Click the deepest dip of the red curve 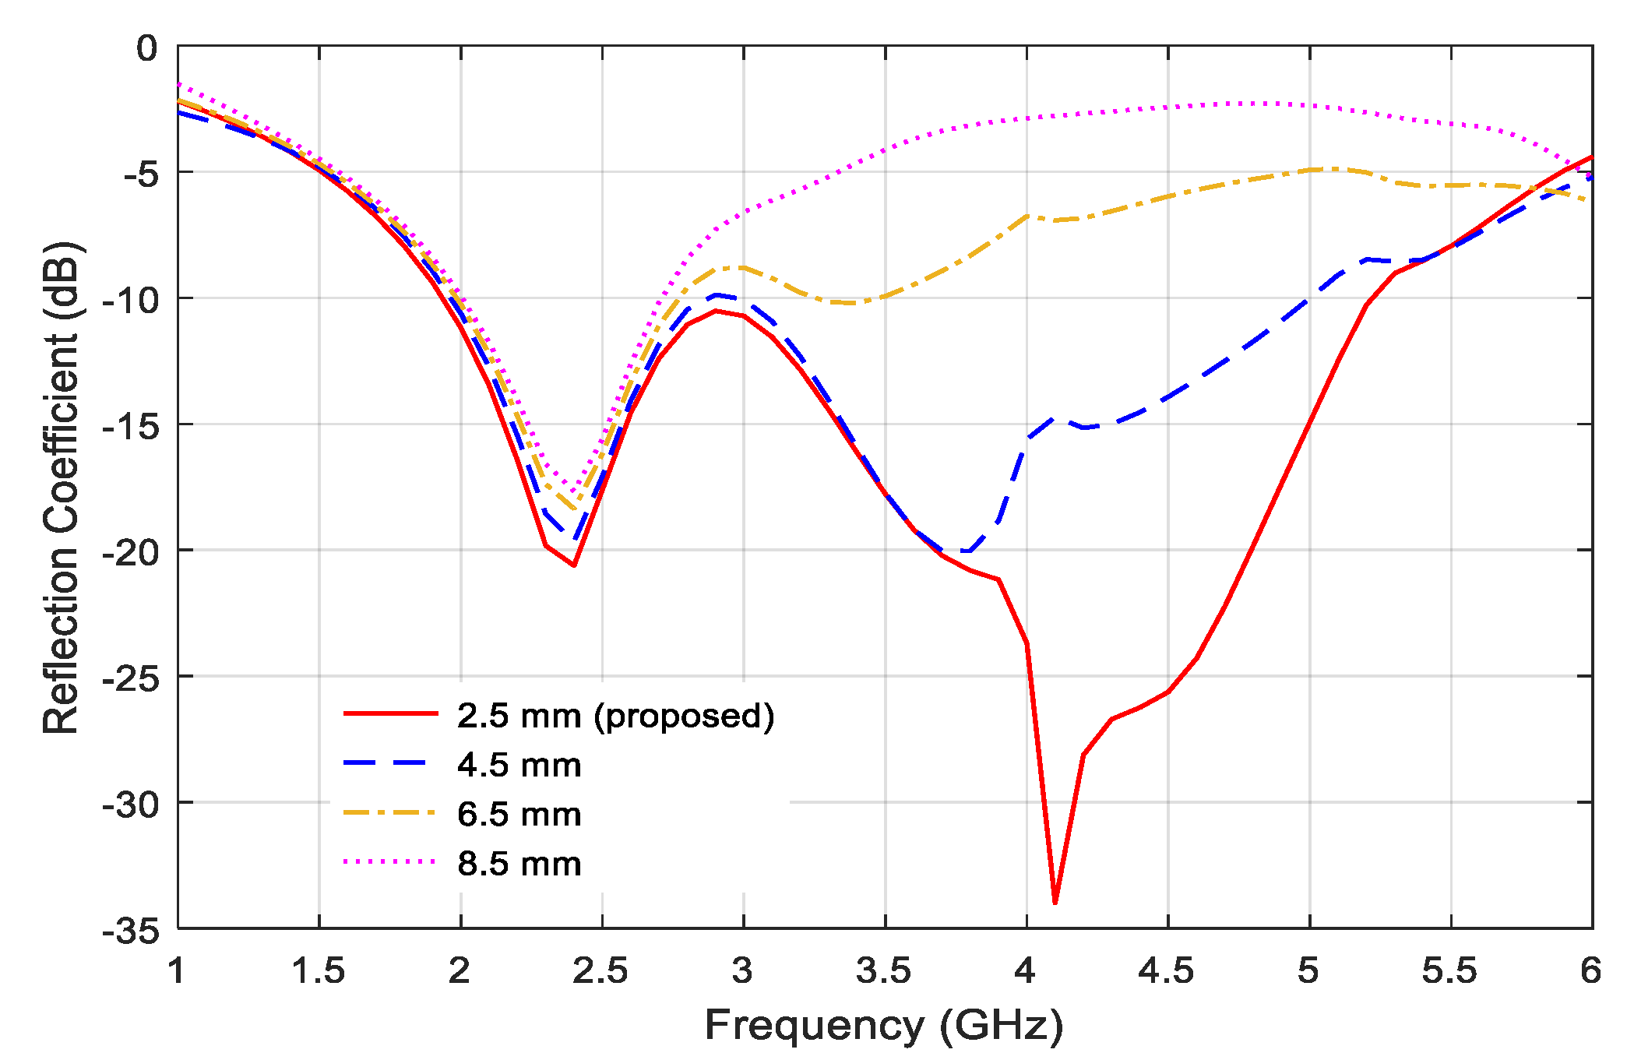point(1055,902)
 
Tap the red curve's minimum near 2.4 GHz point(574,565)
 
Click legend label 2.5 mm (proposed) point(615,716)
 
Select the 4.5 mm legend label point(519,765)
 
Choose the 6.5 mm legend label point(519,815)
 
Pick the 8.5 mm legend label point(519,864)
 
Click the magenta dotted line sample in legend point(389,861)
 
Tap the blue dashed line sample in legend point(389,763)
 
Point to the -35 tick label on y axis point(131,930)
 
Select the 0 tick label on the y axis point(146,48)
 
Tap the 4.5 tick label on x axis point(1166,971)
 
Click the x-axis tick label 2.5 point(600,971)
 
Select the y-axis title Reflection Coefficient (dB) point(61,487)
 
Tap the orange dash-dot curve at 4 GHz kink point(1027,216)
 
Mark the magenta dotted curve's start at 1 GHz point(179,83)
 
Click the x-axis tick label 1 point(177,971)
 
